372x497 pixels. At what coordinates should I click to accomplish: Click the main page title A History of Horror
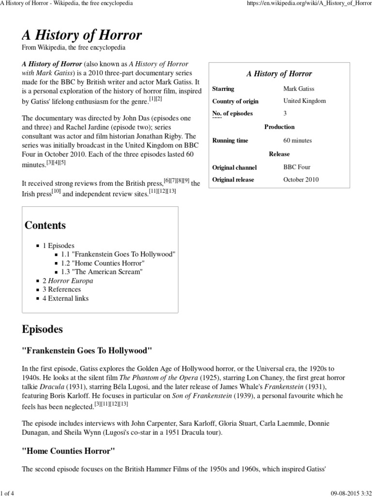82,35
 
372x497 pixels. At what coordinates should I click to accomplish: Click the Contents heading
45,226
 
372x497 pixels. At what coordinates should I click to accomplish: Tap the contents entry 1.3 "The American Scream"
102,272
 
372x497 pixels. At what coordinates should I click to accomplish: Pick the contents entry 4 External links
65,298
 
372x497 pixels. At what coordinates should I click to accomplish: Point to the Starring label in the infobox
223,89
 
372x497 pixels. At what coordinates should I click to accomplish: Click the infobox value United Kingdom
304,101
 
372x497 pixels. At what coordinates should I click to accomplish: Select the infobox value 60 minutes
297,140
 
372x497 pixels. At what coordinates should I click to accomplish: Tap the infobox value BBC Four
297,167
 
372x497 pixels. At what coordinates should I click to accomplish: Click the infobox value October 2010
302,180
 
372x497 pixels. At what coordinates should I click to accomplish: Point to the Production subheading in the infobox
279,127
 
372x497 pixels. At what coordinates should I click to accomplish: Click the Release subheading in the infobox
279,154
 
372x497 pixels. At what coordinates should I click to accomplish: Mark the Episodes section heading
42,329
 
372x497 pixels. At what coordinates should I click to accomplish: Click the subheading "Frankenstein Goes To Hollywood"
87,350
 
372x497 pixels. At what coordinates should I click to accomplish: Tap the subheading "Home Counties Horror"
69,451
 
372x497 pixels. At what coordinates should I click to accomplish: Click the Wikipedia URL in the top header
310,4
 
